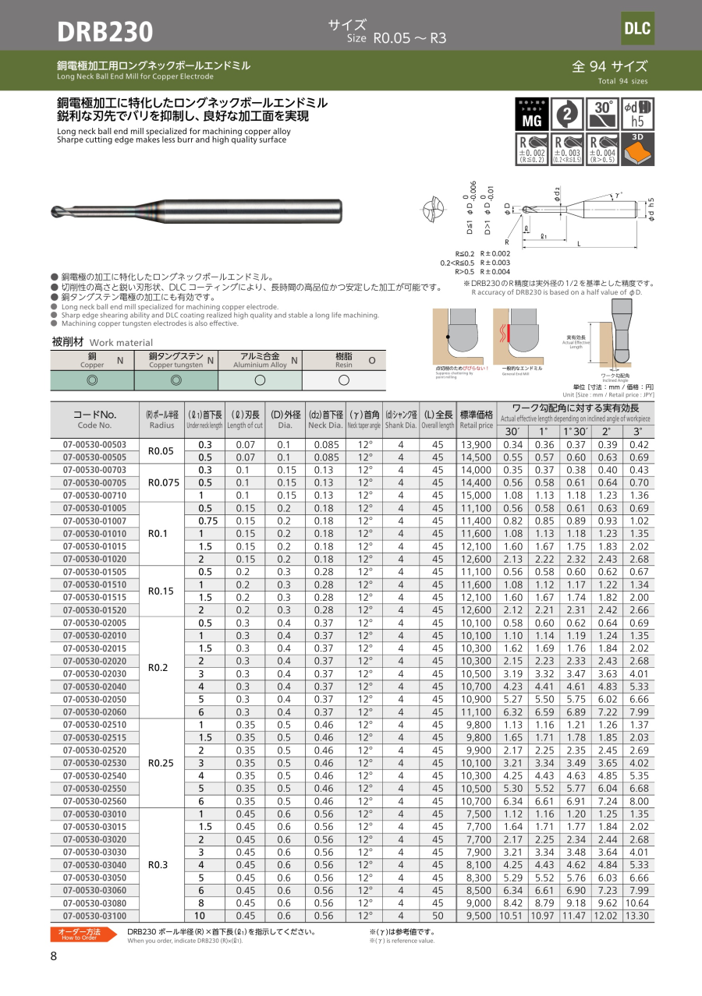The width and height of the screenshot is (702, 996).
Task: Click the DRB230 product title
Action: pos(105,31)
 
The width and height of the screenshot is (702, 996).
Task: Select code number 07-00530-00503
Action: pos(94,444)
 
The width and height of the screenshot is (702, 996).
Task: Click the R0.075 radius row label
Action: pos(163,482)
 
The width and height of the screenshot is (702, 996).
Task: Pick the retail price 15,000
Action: pos(476,495)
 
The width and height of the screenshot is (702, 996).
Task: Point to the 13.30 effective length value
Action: pos(637,916)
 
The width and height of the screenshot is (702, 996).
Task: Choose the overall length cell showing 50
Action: pos(438,916)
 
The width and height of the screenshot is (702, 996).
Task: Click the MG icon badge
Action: pos(531,114)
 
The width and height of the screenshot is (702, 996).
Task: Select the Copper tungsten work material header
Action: pos(176,359)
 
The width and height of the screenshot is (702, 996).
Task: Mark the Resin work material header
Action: pos(344,359)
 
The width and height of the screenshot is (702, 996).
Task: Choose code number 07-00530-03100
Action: pos(94,916)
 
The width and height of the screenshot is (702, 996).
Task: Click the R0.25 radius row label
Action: pos(163,762)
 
